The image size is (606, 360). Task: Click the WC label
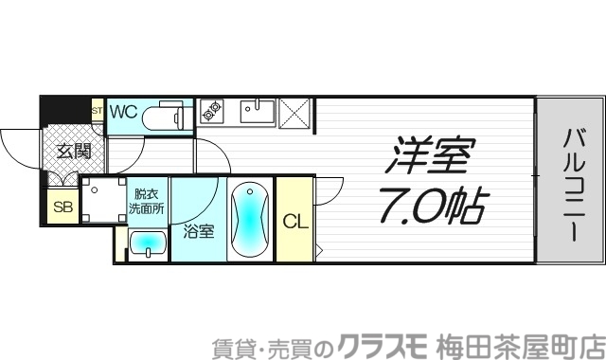pyautogui.click(x=123, y=112)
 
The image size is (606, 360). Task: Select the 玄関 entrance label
pyautogui.click(x=72, y=150)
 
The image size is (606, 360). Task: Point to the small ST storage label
pyautogui.click(x=97, y=111)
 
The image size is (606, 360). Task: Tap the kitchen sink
pyautogui.click(x=256, y=112)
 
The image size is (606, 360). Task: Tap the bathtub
pyautogui.click(x=251, y=219)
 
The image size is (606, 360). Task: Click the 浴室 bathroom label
pyautogui.click(x=198, y=230)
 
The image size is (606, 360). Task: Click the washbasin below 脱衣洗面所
pyautogui.click(x=147, y=243)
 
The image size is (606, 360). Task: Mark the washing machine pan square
pyautogui.click(x=101, y=199)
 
